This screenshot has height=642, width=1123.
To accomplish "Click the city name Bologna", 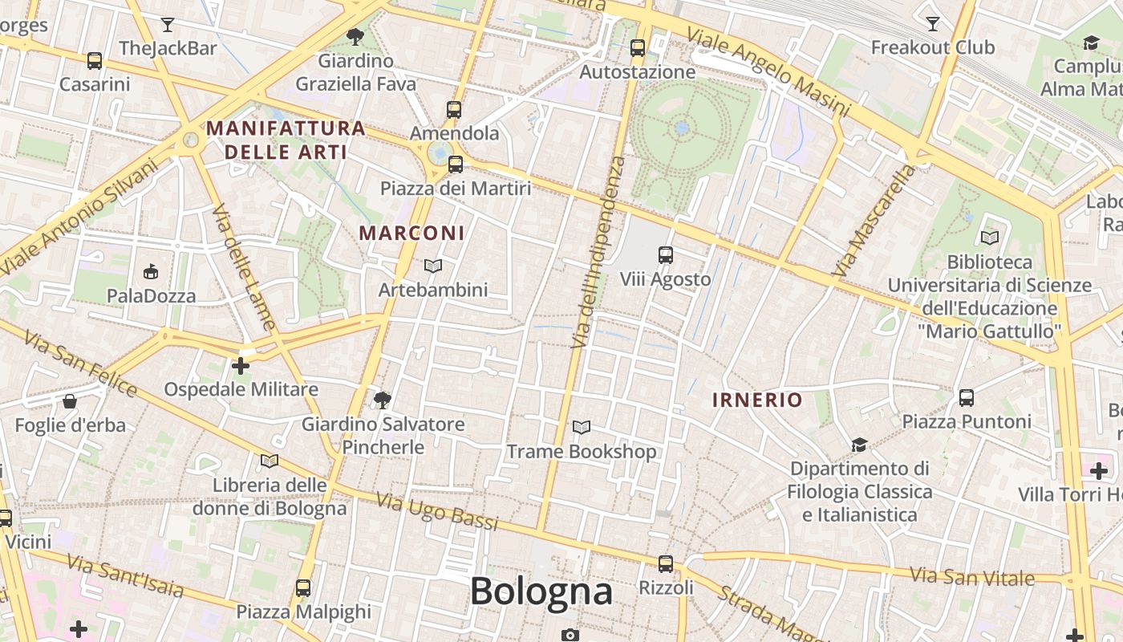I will [541, 591].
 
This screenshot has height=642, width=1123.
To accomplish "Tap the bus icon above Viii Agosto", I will [666, 255].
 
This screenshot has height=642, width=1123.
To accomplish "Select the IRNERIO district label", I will [757, 400].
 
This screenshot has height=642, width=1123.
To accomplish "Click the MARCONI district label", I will [411, 233].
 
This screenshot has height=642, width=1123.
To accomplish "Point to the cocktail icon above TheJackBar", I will [167, 24].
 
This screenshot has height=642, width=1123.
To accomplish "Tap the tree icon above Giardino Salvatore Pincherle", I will [383, 399].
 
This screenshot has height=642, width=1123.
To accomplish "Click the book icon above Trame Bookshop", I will [582, 428].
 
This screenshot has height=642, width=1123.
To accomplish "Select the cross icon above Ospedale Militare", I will [240, 366].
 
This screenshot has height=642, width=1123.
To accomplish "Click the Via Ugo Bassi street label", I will [437, 511].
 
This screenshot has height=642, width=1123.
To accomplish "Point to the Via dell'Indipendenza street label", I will [597, 253].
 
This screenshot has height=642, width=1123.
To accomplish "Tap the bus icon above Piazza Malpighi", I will [303, 587].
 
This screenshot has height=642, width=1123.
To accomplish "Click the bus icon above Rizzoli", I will [666, 563].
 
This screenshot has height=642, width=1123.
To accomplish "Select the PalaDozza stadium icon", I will [151, 272].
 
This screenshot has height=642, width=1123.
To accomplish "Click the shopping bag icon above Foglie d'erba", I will [70, 400].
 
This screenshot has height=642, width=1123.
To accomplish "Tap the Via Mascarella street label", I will [874, 221].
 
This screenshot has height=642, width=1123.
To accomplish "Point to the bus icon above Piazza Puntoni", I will [967, 397].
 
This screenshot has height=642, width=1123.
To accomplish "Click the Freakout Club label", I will [933, 47].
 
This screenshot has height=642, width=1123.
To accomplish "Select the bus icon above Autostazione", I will [638, 48].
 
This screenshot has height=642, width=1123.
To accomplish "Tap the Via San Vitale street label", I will [973, 576].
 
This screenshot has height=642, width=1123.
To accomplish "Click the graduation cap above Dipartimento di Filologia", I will [859, 445].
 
